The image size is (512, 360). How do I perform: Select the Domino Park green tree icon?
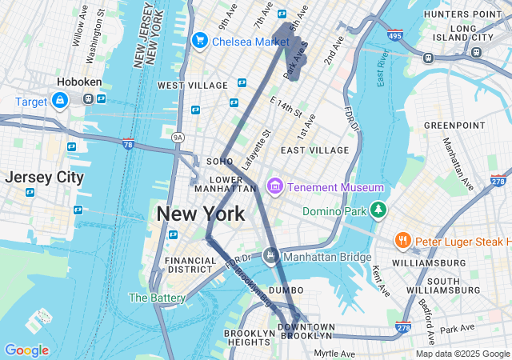pyautogui.click(x=378, y=211)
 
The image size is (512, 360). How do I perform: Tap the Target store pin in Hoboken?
pyautogui.click(x=59, y=101)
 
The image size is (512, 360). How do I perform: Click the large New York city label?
pyautogui.click(x=200, y=214)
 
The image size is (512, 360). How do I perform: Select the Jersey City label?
pyautogui.click(x=44, y=177)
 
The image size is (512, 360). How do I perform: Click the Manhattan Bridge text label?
pyautogui.click(x=328, y=257)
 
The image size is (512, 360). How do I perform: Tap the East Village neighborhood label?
pyautogui.click(x=314, y=150)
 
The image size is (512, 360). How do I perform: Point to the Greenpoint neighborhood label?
pyautogui.click(x=454, y=126)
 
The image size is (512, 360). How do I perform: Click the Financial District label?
pyautogui.click(x=190, y=265)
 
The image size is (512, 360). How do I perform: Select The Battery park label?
pyautogui.click(x=157, y=298)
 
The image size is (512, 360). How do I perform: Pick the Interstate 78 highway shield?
pyautogui.click(x=128, y=144)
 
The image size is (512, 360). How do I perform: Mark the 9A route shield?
pyautogui.click(x=178, y=138)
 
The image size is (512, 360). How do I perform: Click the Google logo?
pyautogui.click(x=26, y=350)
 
